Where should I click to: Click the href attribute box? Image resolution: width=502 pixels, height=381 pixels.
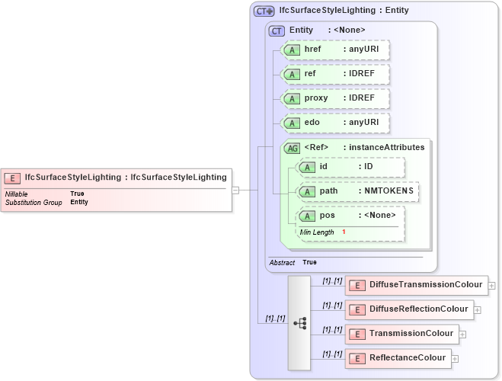point(335,50)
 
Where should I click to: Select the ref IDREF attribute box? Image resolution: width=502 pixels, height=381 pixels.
point(335,74)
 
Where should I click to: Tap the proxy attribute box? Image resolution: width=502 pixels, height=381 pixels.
point(335,98)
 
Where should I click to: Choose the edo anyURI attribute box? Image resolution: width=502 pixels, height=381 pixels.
point(335,123)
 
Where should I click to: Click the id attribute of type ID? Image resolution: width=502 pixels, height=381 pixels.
point(350,167)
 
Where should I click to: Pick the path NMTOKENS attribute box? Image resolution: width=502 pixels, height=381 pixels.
point(357,190)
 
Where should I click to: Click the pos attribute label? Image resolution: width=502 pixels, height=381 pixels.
point(327,216)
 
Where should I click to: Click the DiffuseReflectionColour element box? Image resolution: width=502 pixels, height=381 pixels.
point(409,309)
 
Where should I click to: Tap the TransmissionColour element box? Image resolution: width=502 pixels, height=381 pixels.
point(401,334)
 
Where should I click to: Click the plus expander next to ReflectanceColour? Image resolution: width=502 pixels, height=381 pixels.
point(455,358)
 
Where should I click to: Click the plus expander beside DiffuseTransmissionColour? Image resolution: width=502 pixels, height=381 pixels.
point(492,286)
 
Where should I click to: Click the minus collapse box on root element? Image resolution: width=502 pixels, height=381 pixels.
point(236,190)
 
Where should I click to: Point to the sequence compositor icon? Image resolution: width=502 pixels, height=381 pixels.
point(299,323)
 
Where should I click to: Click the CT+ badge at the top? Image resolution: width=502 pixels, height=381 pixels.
point(264,11)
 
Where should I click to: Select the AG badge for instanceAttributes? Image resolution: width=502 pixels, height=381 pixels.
point(292,148)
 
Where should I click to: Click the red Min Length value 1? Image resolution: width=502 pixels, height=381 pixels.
point(344,232)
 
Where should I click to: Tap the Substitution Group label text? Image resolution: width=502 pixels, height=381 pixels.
point(34,203)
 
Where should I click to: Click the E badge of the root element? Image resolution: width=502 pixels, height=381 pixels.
point(12,178)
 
